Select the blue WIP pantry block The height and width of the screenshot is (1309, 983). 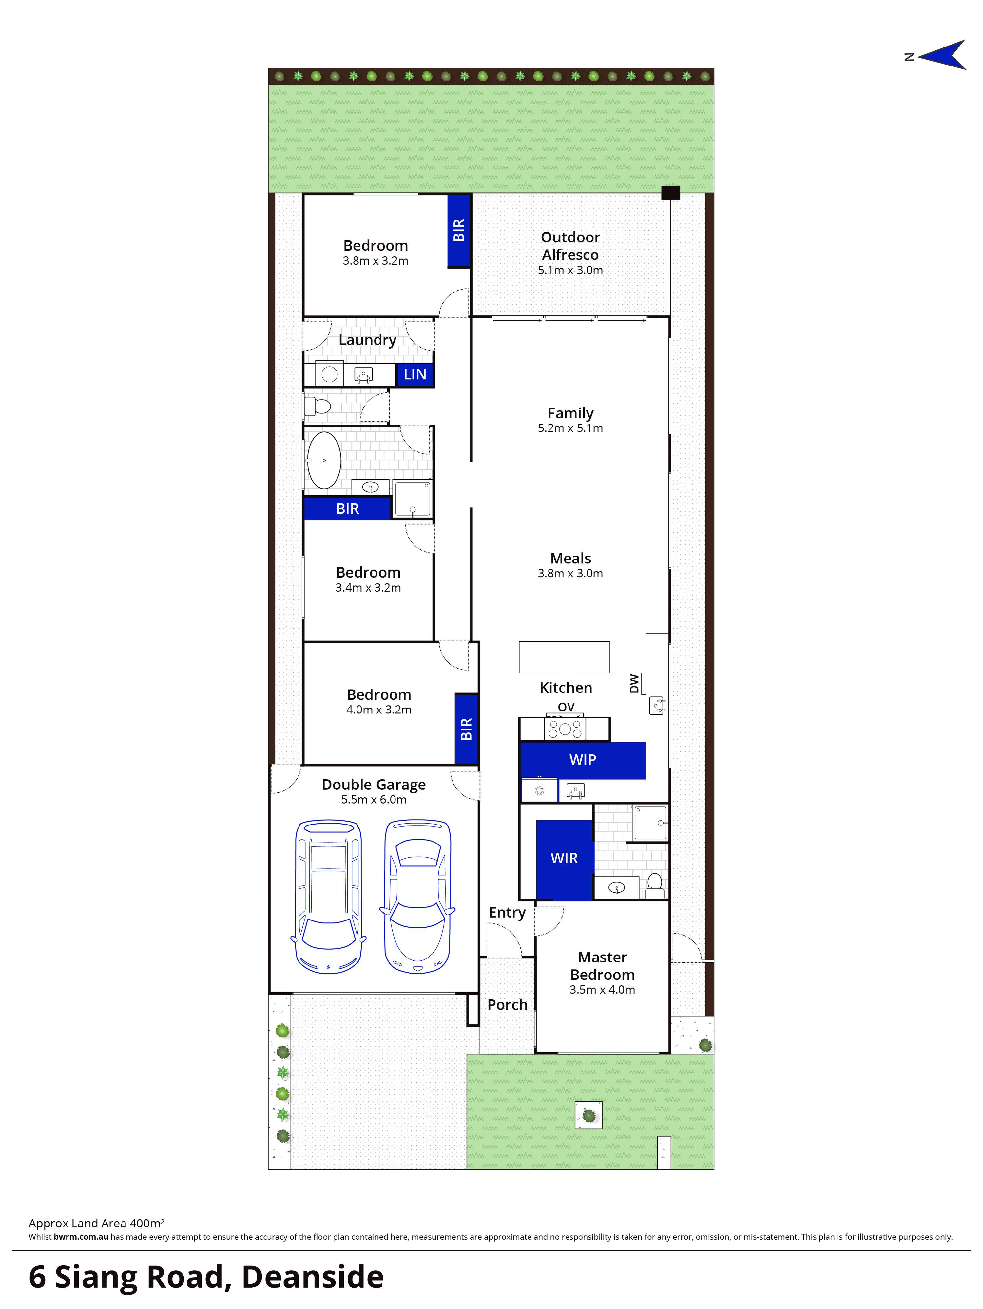582,760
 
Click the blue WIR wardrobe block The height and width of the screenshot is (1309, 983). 564,859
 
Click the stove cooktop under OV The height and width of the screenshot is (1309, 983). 565,729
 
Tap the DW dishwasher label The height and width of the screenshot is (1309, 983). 634,684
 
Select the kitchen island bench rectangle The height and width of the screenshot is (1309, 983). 564,657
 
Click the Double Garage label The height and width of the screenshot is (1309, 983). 374,785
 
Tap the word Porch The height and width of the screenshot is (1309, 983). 507,1005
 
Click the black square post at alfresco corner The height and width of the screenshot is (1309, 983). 670,192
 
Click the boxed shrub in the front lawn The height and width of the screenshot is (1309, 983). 588,1115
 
